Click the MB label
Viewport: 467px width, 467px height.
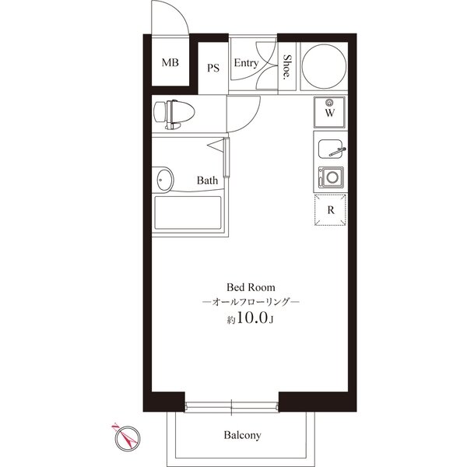coord(170,62)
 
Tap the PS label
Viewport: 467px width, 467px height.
coord(213,68)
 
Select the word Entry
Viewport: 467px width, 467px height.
coord(246,63)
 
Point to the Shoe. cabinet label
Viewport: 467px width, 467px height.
coord(286,66)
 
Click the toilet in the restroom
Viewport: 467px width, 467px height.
coord(174,114)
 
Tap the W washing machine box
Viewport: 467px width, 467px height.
coord(330,112)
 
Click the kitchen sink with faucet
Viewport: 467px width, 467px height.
coord(332,149)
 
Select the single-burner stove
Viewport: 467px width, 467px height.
coord(331,177)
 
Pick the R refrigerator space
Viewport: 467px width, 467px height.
coord(330,209)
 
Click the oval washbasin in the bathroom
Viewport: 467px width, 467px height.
coord(164,179)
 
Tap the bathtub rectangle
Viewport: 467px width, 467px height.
coord(188,212)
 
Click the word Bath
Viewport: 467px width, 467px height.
coord(207,181)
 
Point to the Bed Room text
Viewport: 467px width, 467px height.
coord(251,287)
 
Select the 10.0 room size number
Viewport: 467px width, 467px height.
coord(251,318)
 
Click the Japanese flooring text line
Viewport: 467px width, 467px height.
coord(251,302)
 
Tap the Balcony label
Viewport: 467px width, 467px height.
coord(242,435)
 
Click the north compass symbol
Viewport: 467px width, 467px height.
coord(128,437)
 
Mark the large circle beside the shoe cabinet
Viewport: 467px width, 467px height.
coord(324,66)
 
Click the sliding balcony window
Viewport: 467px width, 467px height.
coord(231,406)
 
